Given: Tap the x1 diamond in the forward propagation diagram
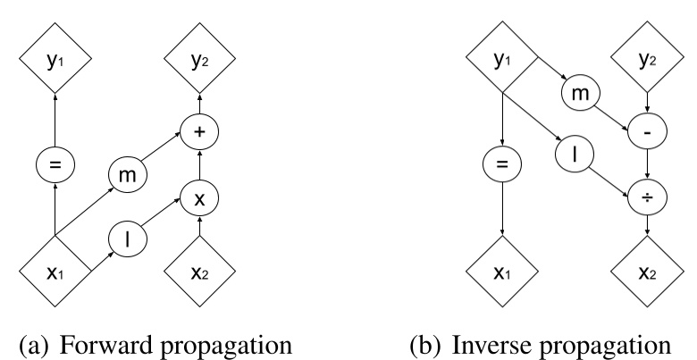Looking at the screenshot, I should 55,267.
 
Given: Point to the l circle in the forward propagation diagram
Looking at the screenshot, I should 128,239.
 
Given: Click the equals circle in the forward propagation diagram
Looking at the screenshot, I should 55,165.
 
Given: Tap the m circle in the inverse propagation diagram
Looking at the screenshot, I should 576,94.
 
